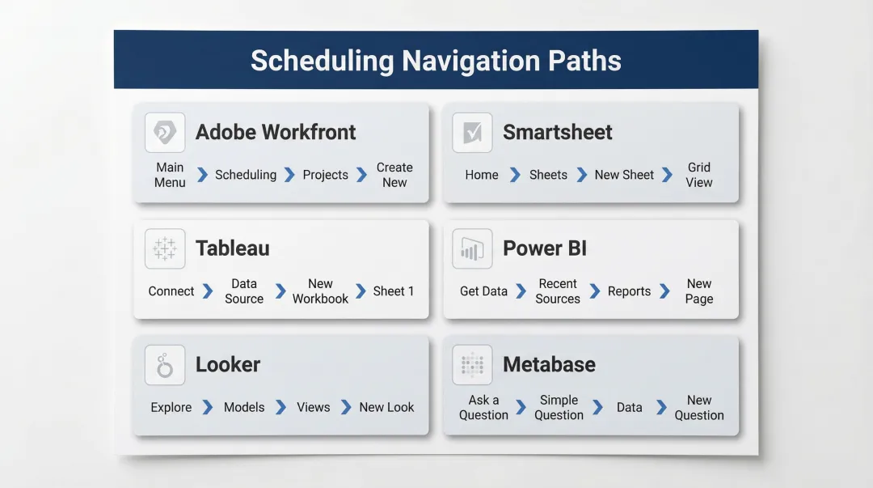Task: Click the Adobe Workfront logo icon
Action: pyautogui.click(x=165, y=133)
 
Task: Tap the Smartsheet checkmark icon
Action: pyautogui.click(x=472, y=133)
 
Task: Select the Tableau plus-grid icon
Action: pyautogui.click(x=165, y=248)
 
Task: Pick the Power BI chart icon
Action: pyautogui.click(x=472, y=248)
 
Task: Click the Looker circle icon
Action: pyautogui.click(x=165, y=365)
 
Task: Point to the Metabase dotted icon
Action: pyautogui.click(x=472, y=365)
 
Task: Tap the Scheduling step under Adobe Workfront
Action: pyautogui.click(x=246, y=175)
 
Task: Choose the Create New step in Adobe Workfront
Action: pyautogui.click(x=394, y=175)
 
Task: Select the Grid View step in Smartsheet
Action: pyautogui.click(x=699, y=175)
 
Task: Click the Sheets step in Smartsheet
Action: pyautogui.click(x=548, y=175)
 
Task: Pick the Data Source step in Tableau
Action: pyautogui.click(x=244, y=291)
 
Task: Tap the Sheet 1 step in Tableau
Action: pyautogui.click(x=394, y=291)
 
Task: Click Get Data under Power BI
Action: pyautogui.click(x=483, y=291)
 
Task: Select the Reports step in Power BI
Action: pyautogui.click(x=629, y=291)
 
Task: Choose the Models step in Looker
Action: pyautogui.click(x=244, y=407)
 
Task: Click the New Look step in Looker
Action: pyautogui.click(x=386, y=407)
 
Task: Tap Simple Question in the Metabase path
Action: pyautogui.click(x=559, y=407)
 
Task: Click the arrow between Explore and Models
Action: pyautogui.click(x=208, y=407)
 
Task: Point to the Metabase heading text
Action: pyautogui.click(x=549, y=364)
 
